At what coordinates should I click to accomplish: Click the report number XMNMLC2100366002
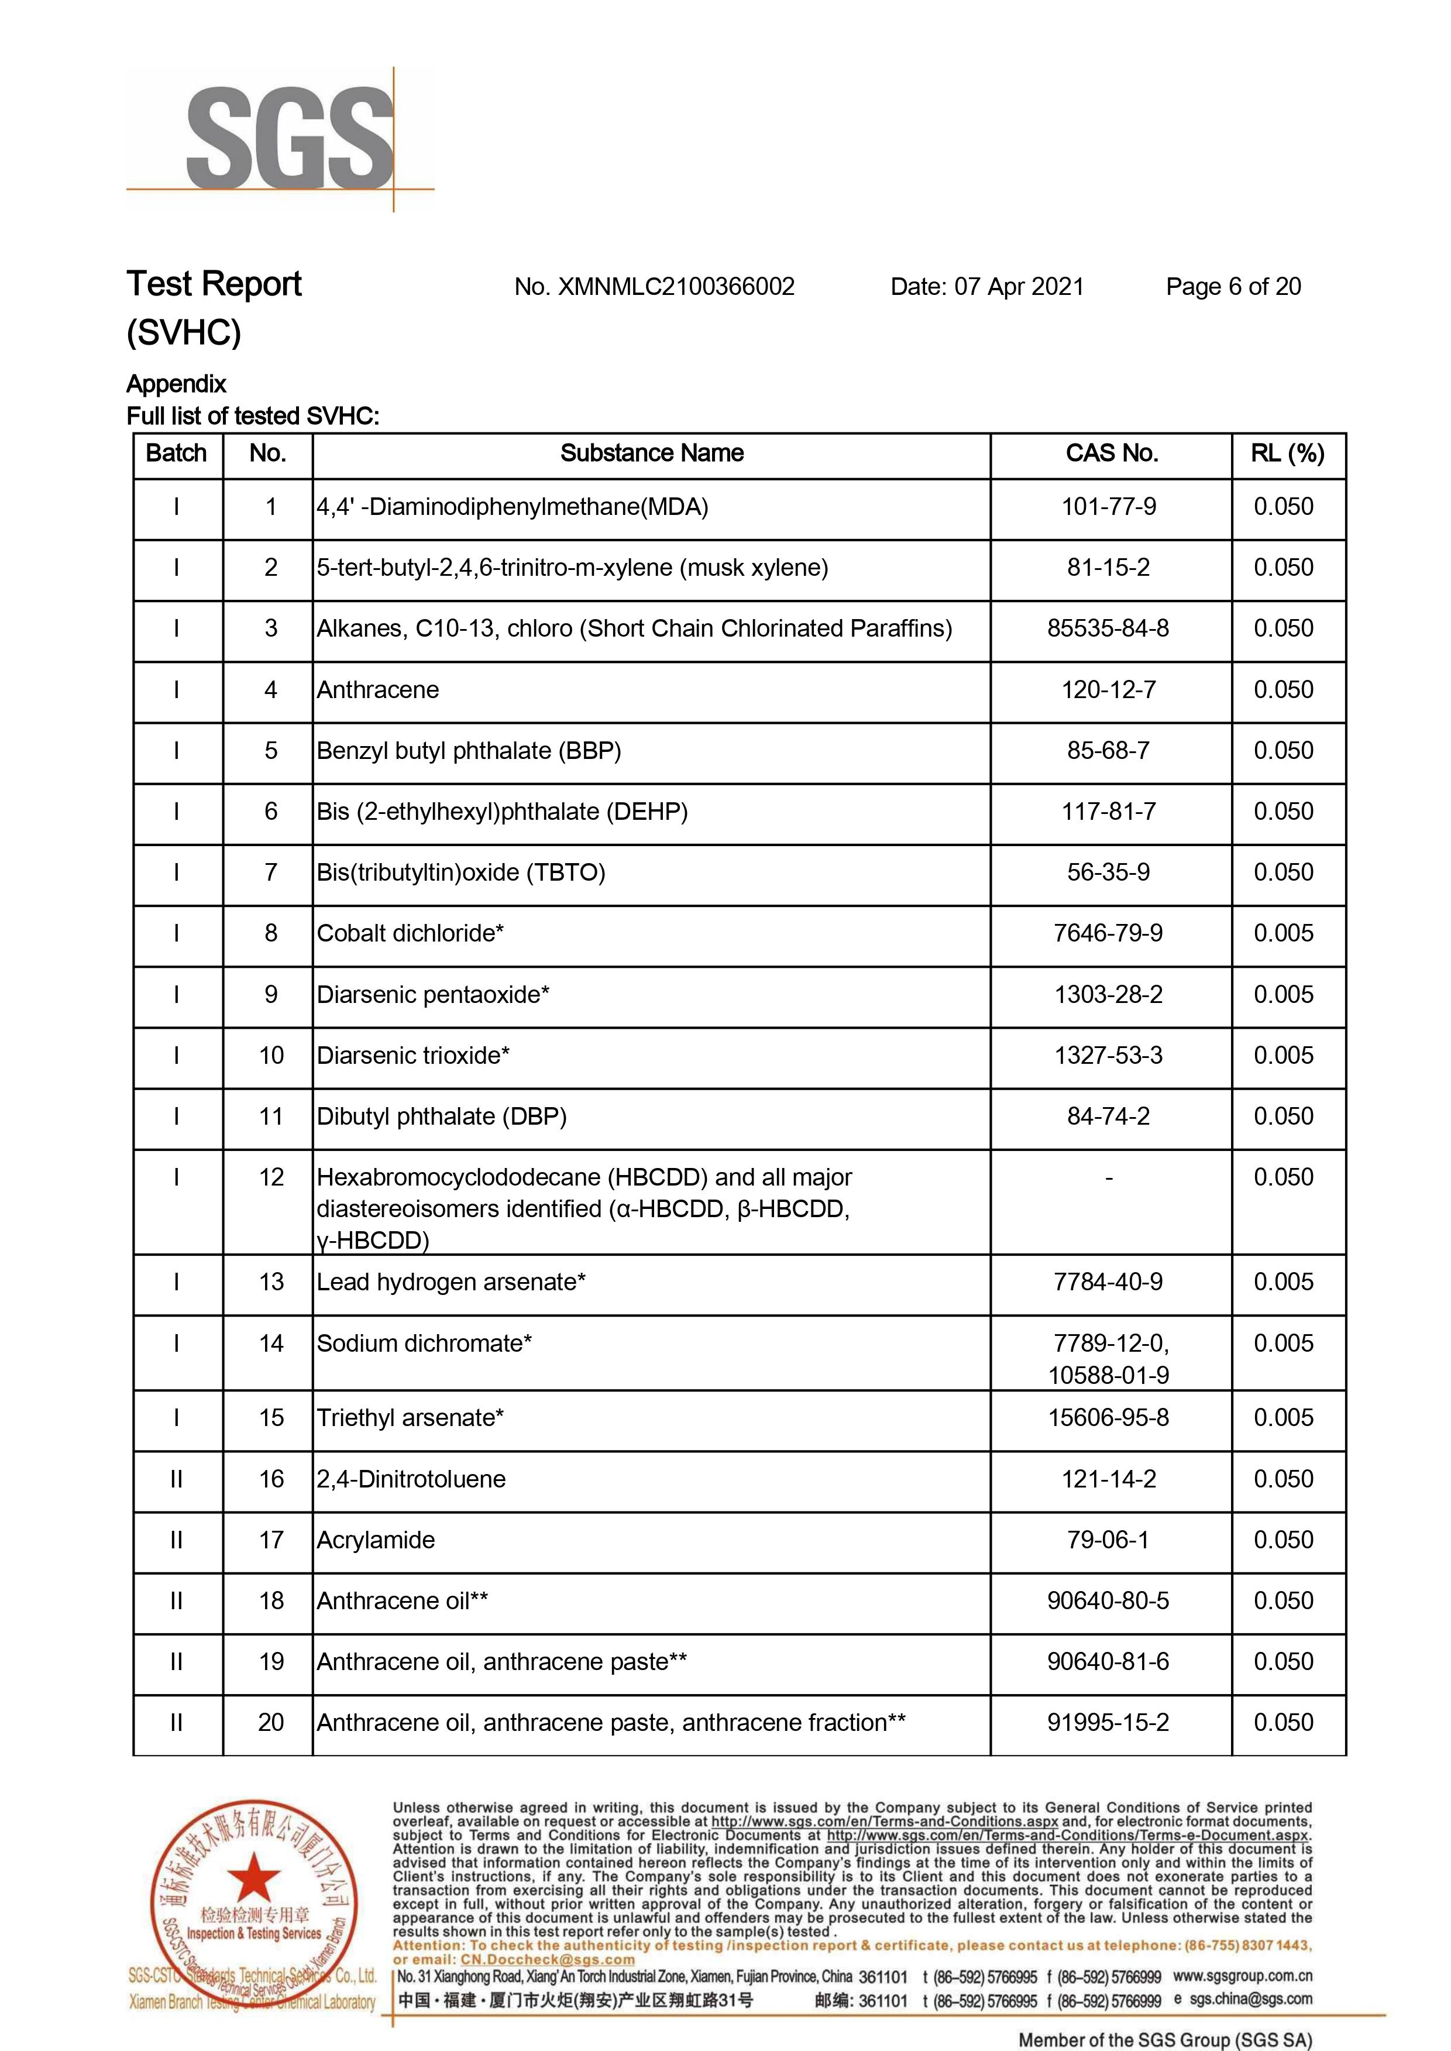tap(675, 287)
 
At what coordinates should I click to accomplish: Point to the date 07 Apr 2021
tap(1019, 287)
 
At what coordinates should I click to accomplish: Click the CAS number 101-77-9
tap(1108, 507)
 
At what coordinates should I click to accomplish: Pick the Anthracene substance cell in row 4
tap(378, 690)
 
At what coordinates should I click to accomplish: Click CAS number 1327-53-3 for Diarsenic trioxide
tap(1108, 1056)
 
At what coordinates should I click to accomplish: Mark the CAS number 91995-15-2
tap(1108, 1723)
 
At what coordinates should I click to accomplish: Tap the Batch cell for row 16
tap(176, 1479)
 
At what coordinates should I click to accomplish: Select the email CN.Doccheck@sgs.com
tap(547, 1959)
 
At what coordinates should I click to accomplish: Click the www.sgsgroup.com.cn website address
tap(1242, 1976)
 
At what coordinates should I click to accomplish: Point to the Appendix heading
tap(176, 384)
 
